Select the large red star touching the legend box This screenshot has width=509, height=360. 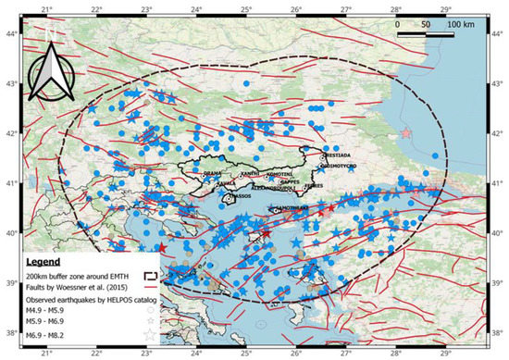pyautogui.click(x=163, y=248)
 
